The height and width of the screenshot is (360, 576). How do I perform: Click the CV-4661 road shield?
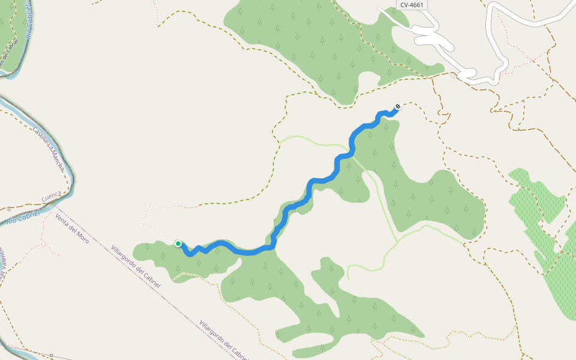pyautogui.click(x=412, y=4)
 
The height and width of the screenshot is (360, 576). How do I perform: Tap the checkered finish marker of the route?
pyautogui.click(x=397, y=107)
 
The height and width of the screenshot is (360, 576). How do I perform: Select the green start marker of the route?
pyautogui.click(x=178, y=243)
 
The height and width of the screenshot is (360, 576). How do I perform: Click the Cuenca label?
pyautogui.click(x=52, y=196)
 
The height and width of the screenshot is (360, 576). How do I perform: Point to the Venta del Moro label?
pyautogui.click(x=71, y=228)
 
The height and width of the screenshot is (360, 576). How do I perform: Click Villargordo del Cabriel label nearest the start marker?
pyautogui.click(x=136, y=266)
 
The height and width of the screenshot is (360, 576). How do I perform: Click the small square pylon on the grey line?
pyautogui.click(x=52, y=356)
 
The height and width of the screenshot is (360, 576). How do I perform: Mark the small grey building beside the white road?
pyautogui.click(x=452, y=76)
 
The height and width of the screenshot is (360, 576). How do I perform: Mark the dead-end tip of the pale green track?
pyautogui.click(x=348, y=279)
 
